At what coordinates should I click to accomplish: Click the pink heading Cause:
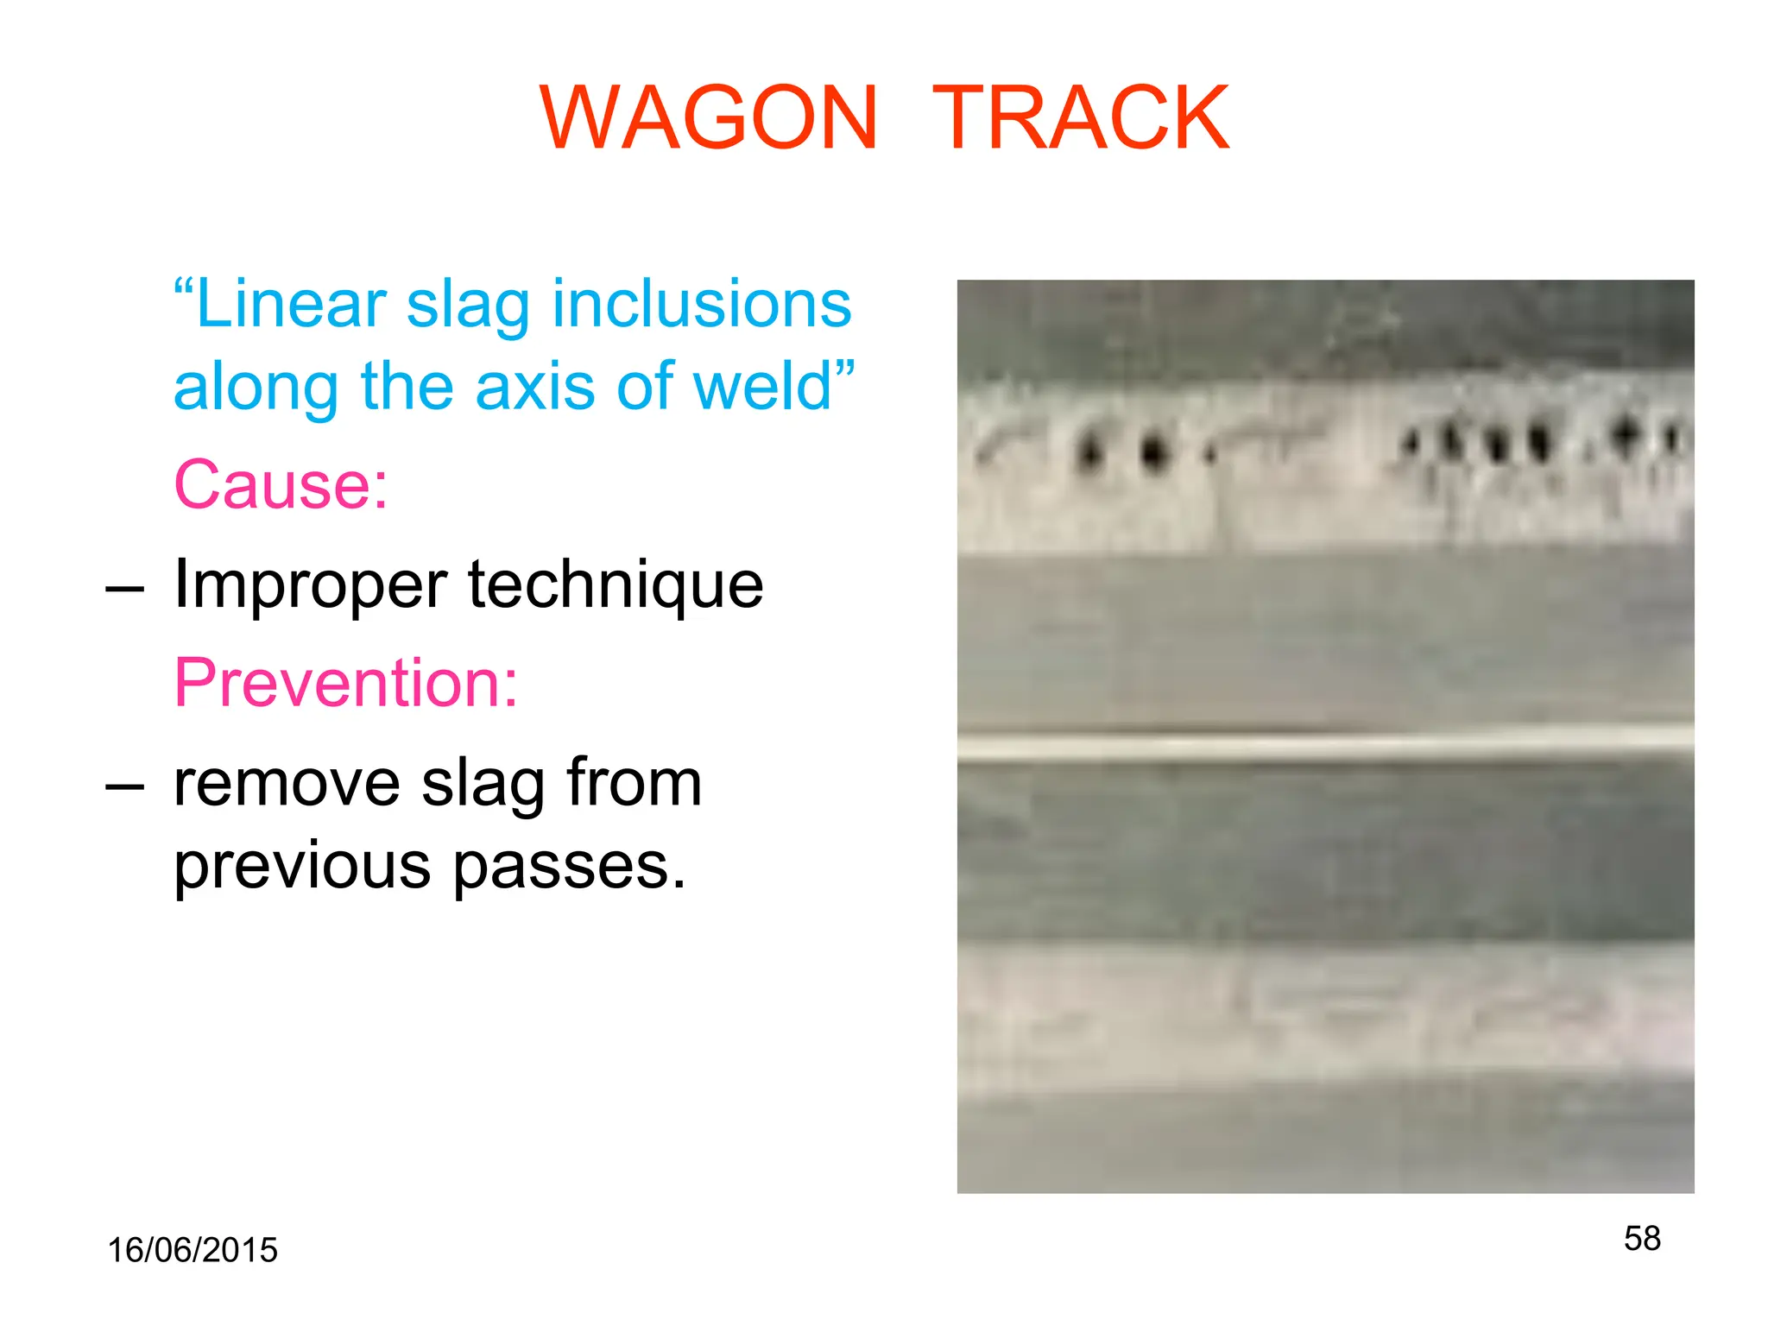(x=281, y=484)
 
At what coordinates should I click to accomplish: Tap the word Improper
(x=310, y=585)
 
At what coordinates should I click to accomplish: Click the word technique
(x=616, y=585)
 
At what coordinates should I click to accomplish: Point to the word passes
(x=569, y=867)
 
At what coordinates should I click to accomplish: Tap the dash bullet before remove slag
(x=124, y=786)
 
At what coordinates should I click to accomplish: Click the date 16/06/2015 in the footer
(x=193, y=1250)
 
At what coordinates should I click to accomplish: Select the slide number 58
(x=1642, y=1238)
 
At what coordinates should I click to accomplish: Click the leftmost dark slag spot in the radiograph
(x=1090, y=450)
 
